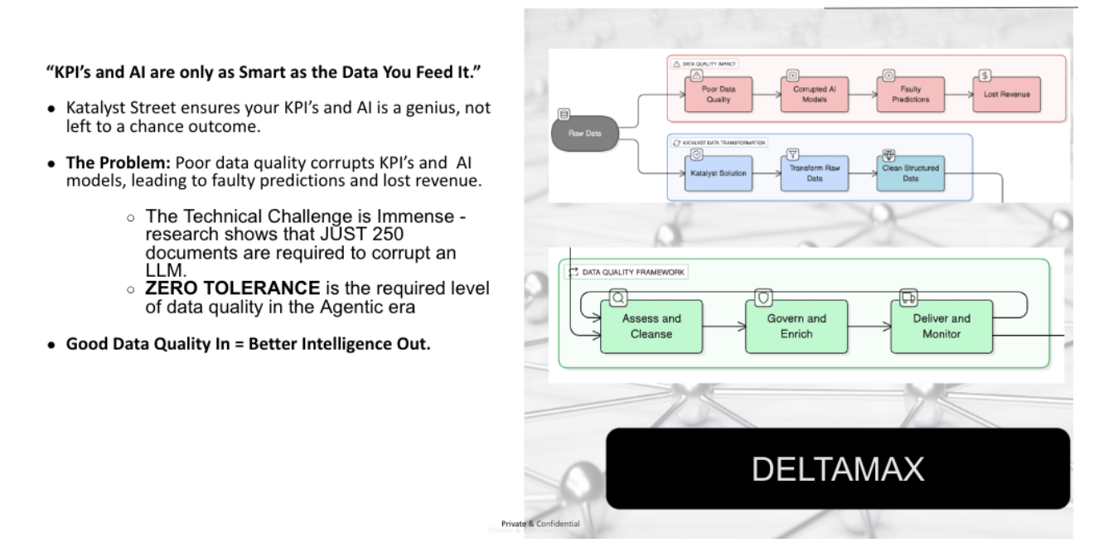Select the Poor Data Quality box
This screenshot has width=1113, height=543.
(x=709, y=94)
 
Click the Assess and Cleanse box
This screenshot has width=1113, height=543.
(x=651, y=326)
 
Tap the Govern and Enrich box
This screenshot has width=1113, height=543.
(x=796, y=326)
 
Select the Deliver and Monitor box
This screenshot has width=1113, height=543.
(x=941, y=326)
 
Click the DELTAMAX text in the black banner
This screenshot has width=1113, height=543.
(x=837, y=469)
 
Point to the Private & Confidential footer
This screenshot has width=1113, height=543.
(x=540, y=524)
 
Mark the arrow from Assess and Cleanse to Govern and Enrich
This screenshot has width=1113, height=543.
(x=723, y=327)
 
